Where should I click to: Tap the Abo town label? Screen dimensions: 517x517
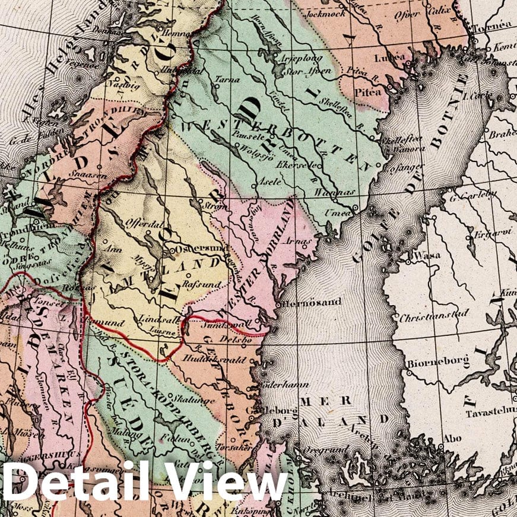coord(452,440)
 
